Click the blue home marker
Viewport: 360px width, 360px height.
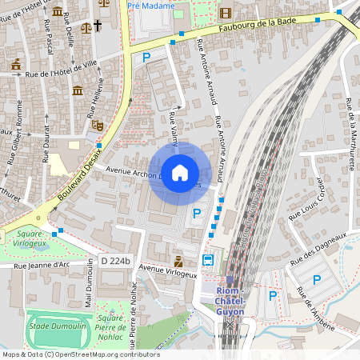(180, 173)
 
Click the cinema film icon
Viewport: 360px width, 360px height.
(225, 12)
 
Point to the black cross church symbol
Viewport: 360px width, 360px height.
(98, 26)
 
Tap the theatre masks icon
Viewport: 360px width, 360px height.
(99, 126)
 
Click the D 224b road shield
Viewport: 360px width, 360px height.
(115, 261)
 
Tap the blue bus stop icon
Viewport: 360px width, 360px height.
(208, 260)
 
